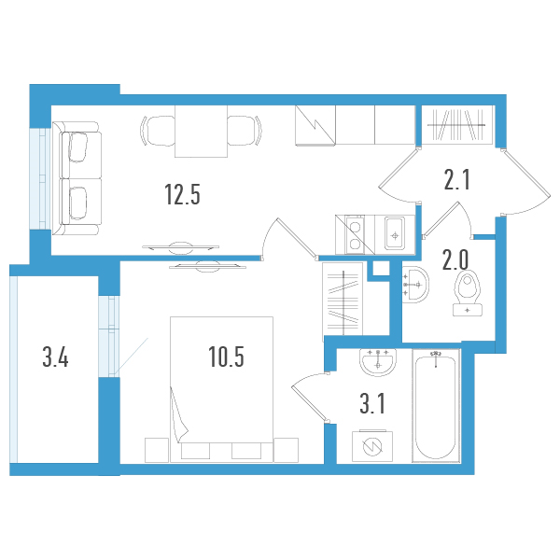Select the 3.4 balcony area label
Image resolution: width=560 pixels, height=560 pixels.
(x=55, y=357)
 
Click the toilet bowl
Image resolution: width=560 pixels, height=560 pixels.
(x=464, y=291)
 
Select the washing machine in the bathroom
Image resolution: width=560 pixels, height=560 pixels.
(x=372, y=446)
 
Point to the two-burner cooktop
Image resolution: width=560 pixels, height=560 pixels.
(x=355, y=233)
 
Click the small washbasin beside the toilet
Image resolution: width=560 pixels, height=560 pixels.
(x=415, y=282)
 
